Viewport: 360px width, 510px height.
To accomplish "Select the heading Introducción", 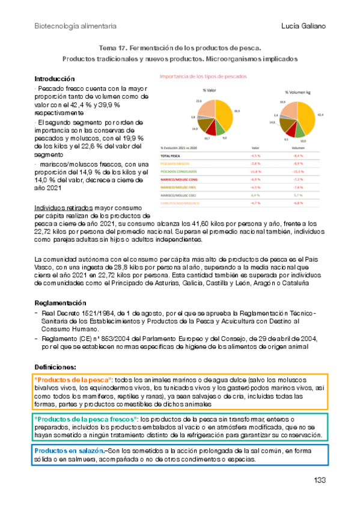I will coord(55,79).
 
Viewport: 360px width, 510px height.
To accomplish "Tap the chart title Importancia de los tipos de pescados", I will coord(203,76).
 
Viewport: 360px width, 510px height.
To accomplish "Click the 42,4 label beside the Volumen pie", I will coord(320,114).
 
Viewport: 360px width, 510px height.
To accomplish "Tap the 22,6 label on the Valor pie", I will coord(198,102).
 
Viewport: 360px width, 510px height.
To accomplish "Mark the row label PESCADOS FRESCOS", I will coord(175,162).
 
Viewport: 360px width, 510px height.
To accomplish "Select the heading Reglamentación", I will coord(60,303).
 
